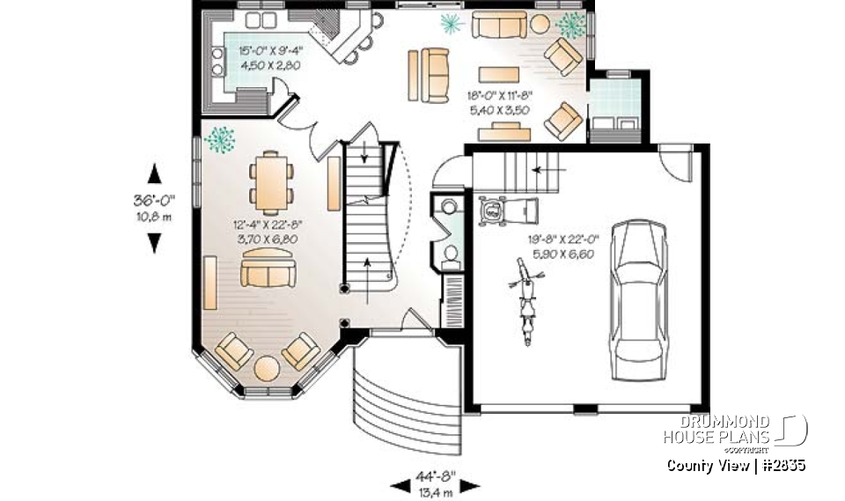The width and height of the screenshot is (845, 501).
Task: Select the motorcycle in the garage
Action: coord(526,299)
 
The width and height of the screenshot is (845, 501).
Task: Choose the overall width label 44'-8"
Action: coord(434,476)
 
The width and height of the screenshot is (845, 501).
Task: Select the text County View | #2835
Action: coord(736,465)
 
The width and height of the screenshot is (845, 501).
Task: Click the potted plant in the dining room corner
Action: coord(219,138)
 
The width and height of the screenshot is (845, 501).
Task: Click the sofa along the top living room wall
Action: coord(499,25)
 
